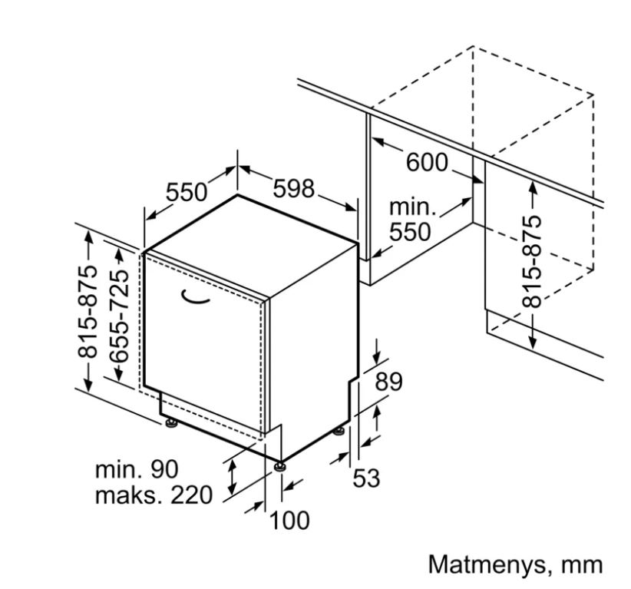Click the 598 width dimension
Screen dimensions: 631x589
tap(293, 188)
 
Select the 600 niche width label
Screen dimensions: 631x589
tap(427, 162)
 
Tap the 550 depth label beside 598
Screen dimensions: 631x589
tap(187, 192)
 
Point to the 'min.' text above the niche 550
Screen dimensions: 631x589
tap(413, 207)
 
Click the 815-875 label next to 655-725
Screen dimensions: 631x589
tap(88, 312)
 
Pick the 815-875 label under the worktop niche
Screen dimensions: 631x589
tap(532, 262)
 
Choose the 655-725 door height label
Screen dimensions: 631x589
tap(120, 316)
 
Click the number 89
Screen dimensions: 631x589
tap(388, 382)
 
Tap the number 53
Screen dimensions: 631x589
tap(366, 478)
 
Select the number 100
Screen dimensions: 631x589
tap(289, 520)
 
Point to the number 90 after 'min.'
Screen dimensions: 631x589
tap(164, 469)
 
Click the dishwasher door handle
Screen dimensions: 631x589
tap(195, 296)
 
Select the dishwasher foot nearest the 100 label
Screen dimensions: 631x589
tap(279, 466)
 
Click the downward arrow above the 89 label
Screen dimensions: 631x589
tap(377, 352)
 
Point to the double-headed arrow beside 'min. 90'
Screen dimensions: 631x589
tap(231, 478)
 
